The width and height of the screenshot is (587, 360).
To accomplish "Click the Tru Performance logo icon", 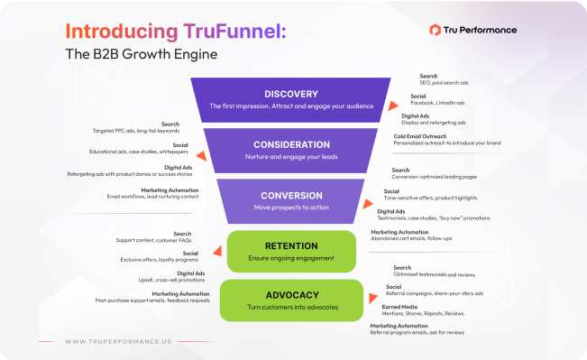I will click(x=447, y=30).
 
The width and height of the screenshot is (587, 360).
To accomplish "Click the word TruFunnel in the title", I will click(x=234, y=31).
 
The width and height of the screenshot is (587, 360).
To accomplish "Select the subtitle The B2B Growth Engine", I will click(x=141, y=53).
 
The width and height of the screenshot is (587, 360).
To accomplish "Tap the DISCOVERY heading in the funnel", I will click(x=291, y=93).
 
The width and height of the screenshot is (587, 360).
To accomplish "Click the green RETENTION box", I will click(x=290, y=250).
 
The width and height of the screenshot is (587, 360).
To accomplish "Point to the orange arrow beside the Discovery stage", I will click(x=392, y=106).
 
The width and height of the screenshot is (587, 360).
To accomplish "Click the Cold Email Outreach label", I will click(x=427, y=136).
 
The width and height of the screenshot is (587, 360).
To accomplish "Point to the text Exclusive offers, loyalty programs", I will click(x=160, y=259).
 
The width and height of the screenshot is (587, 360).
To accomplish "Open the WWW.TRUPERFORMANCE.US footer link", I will click(x=120, y=341).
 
